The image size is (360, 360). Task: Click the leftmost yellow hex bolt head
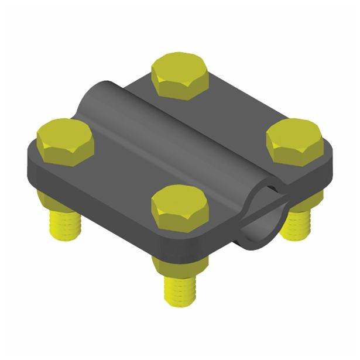[65, 140]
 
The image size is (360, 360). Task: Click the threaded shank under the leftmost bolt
[64, 223]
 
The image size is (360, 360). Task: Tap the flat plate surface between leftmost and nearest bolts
[117, 176]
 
